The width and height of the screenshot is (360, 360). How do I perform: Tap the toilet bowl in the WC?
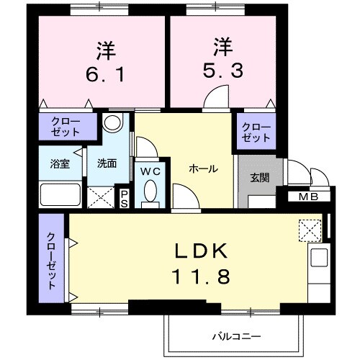[150, 192]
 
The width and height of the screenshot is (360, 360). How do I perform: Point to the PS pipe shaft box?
[125, 198]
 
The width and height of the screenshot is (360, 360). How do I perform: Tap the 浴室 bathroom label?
[59, 163]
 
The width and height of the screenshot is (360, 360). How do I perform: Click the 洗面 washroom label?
[107, 163]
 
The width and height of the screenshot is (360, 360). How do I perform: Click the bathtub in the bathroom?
[60, 194]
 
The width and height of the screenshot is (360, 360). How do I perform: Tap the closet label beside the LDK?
[52, 261]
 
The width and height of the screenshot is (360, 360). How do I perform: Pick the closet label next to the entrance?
[256, 132]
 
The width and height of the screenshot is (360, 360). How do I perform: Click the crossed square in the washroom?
[101, 196]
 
